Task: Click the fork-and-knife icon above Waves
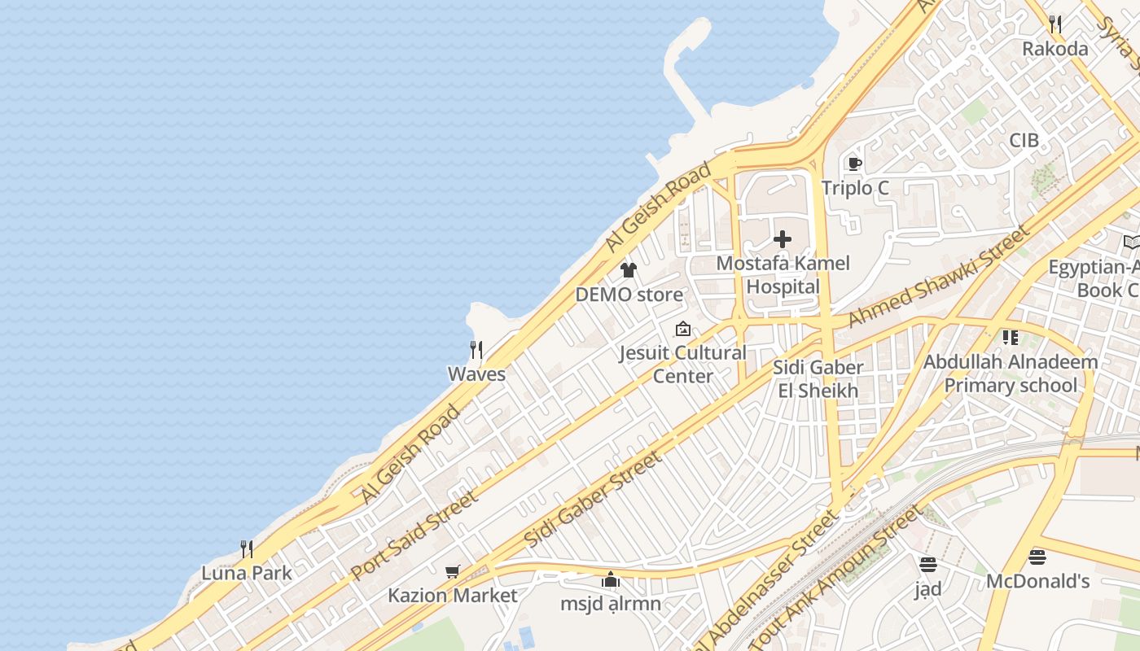476,351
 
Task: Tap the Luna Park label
246,573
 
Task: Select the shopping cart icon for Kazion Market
453,571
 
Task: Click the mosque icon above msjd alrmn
611,579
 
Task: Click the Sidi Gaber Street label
594,499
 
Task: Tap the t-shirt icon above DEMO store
628,270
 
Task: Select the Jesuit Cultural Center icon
683,330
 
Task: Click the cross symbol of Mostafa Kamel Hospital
783,239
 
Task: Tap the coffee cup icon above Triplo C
854,164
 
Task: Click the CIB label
1024,140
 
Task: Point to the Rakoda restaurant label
1054,49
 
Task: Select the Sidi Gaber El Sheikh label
818,378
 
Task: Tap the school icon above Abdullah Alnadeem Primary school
1011,337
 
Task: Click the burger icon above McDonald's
1037,557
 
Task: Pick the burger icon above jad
927,564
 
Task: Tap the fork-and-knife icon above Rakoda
1054,24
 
